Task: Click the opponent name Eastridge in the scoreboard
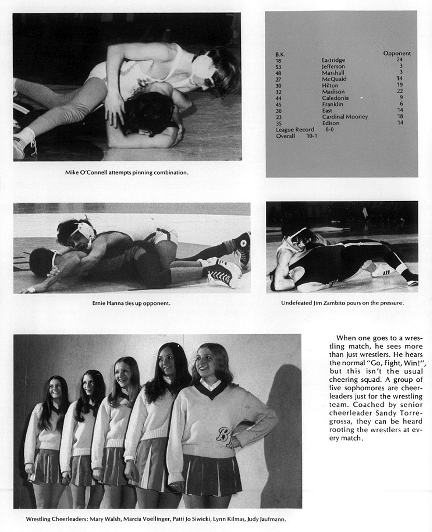click(333, 60)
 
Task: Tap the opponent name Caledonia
click(335, 98)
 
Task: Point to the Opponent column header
click(397, 54)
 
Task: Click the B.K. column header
click(280, 54)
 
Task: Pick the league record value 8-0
click(329, 129)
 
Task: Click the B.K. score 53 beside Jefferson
click(278, 66)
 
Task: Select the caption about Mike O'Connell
click(127, 172)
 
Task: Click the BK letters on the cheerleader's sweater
click(224, 434)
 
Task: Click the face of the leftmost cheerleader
click(55, 389)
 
